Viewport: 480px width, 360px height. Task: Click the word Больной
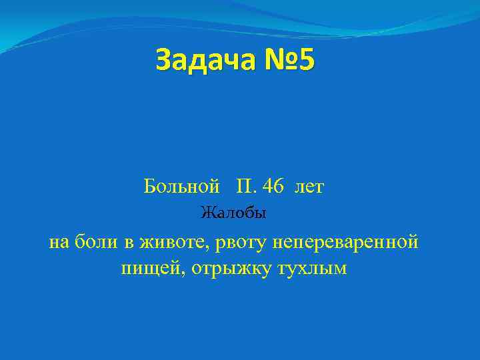click(182, 187)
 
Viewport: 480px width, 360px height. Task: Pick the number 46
click(273, 187)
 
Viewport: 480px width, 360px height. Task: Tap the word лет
click(309, 187)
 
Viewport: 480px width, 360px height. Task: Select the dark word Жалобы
click(233, 214)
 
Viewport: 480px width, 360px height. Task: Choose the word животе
click(171, 243)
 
